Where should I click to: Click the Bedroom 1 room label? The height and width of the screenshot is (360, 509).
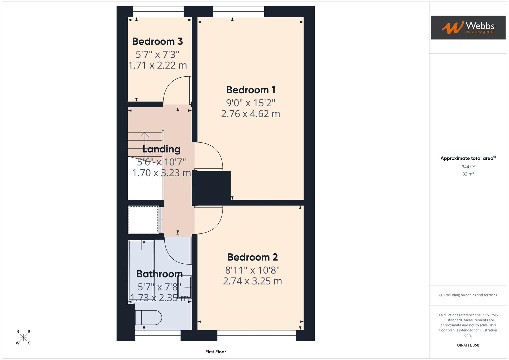[251, 90]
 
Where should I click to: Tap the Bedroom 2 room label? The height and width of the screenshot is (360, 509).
[252, 257]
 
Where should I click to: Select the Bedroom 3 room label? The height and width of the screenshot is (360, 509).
[157, 41]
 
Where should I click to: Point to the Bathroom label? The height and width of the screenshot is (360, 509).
[159, 274]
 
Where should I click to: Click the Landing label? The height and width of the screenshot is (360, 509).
[161, 149]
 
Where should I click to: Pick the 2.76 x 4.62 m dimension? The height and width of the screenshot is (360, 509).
[251, 114]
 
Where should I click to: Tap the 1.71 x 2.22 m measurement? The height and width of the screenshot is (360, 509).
[157, 65]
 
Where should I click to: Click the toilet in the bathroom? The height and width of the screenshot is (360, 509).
[148, 317]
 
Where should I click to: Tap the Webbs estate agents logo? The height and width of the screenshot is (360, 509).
[468, 27]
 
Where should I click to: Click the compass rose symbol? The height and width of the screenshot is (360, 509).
[23, 337]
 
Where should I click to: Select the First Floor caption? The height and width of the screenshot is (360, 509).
[216, 352]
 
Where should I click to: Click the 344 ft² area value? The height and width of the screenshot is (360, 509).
[468, 167]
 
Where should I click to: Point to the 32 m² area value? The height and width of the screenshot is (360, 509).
[468, 174]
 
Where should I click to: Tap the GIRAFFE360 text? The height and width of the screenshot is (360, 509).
[468, 345]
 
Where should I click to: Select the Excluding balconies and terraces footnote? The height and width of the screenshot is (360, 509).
[468, 295]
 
